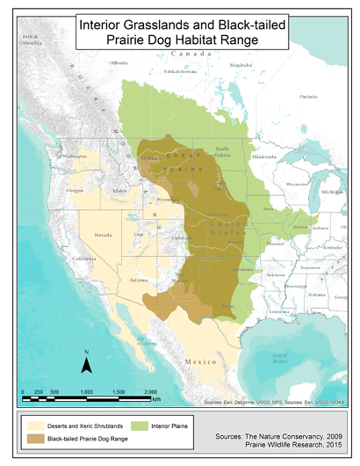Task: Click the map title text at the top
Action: pyautogui.click(x=179, y=33)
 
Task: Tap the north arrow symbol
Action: pyautogui.click(x=88, y=360)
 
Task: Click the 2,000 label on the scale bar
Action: pyautogui.click(x=150, y=390)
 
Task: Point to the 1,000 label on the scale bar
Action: pyautogui.click(x=87, y=390)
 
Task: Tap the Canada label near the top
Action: pyautogui.click(x=198, y=55)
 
